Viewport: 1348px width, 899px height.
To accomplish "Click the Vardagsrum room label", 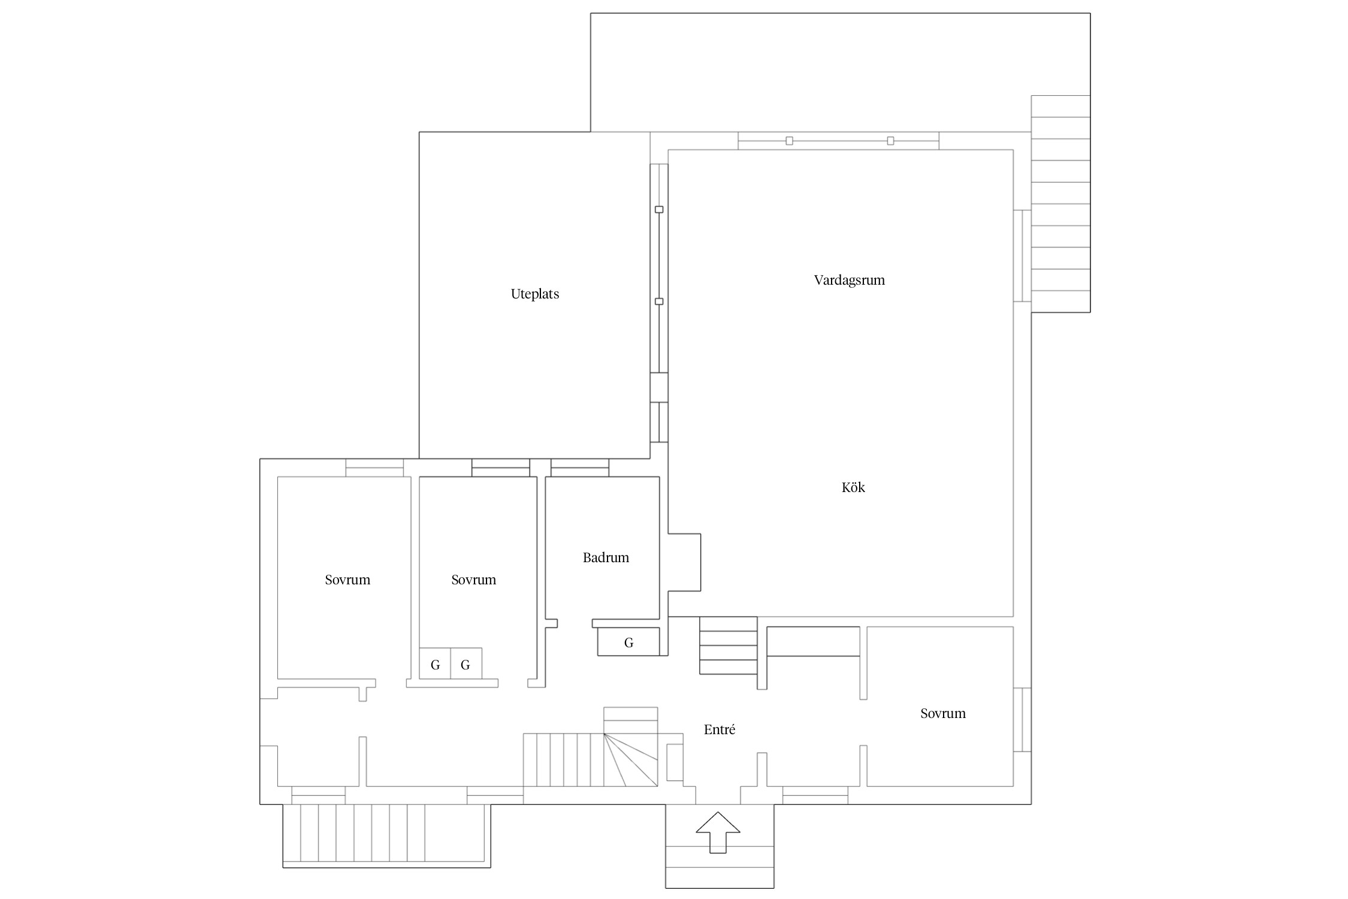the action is pos(849,280).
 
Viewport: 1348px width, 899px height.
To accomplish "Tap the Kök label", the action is pos(853,487).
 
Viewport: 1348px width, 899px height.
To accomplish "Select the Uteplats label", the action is pos(535,294).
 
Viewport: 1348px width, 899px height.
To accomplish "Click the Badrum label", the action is pos(606,558).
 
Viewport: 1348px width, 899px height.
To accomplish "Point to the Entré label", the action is pos(720,729).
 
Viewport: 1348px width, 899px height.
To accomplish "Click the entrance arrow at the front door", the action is pos(718,832).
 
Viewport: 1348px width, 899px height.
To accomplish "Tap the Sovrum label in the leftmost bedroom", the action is pos(347,580).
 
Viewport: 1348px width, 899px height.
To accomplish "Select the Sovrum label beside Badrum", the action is pos(473,580).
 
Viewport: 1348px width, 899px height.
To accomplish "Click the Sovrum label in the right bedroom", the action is pos(943,714).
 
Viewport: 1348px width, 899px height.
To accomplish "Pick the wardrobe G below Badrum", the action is pos(628,642).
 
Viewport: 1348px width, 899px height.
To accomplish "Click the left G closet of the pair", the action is pos(435,663).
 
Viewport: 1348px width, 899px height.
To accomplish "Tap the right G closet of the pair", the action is pos(466,663).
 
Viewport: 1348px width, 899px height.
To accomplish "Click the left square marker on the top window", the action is pos(789,141).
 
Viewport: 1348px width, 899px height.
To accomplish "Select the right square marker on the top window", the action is pos(890,141).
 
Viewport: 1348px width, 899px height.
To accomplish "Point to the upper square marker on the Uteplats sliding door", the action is pos(659,210).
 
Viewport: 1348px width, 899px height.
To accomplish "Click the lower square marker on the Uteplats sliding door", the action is pos(659,301).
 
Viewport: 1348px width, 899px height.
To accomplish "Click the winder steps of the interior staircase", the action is pos(631,759).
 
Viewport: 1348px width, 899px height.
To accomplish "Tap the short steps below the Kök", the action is pos(729,645).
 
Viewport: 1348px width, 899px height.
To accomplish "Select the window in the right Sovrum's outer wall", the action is pos(1022,719).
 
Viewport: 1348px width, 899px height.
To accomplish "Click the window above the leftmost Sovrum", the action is pos(374,467).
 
